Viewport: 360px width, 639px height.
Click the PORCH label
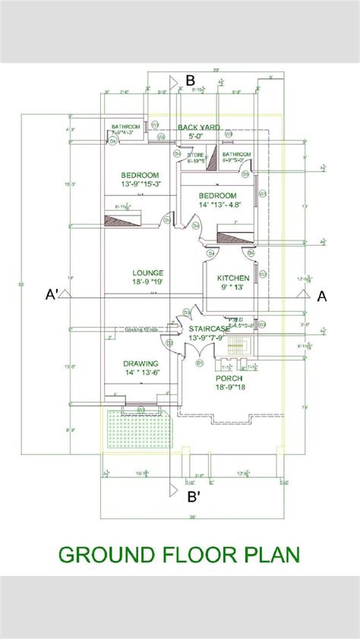click(x=229, y=377)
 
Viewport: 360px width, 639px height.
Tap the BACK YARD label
click(x=198, y=127)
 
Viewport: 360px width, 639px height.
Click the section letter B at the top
click(x=191, y=80)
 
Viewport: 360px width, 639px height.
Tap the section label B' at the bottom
click(x=194, y=497)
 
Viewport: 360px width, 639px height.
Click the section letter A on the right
click(x=321, y=296)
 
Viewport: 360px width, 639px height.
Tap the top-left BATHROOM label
click(x=125, y=126)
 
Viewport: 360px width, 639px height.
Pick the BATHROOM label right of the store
click(x=236, y=154)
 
